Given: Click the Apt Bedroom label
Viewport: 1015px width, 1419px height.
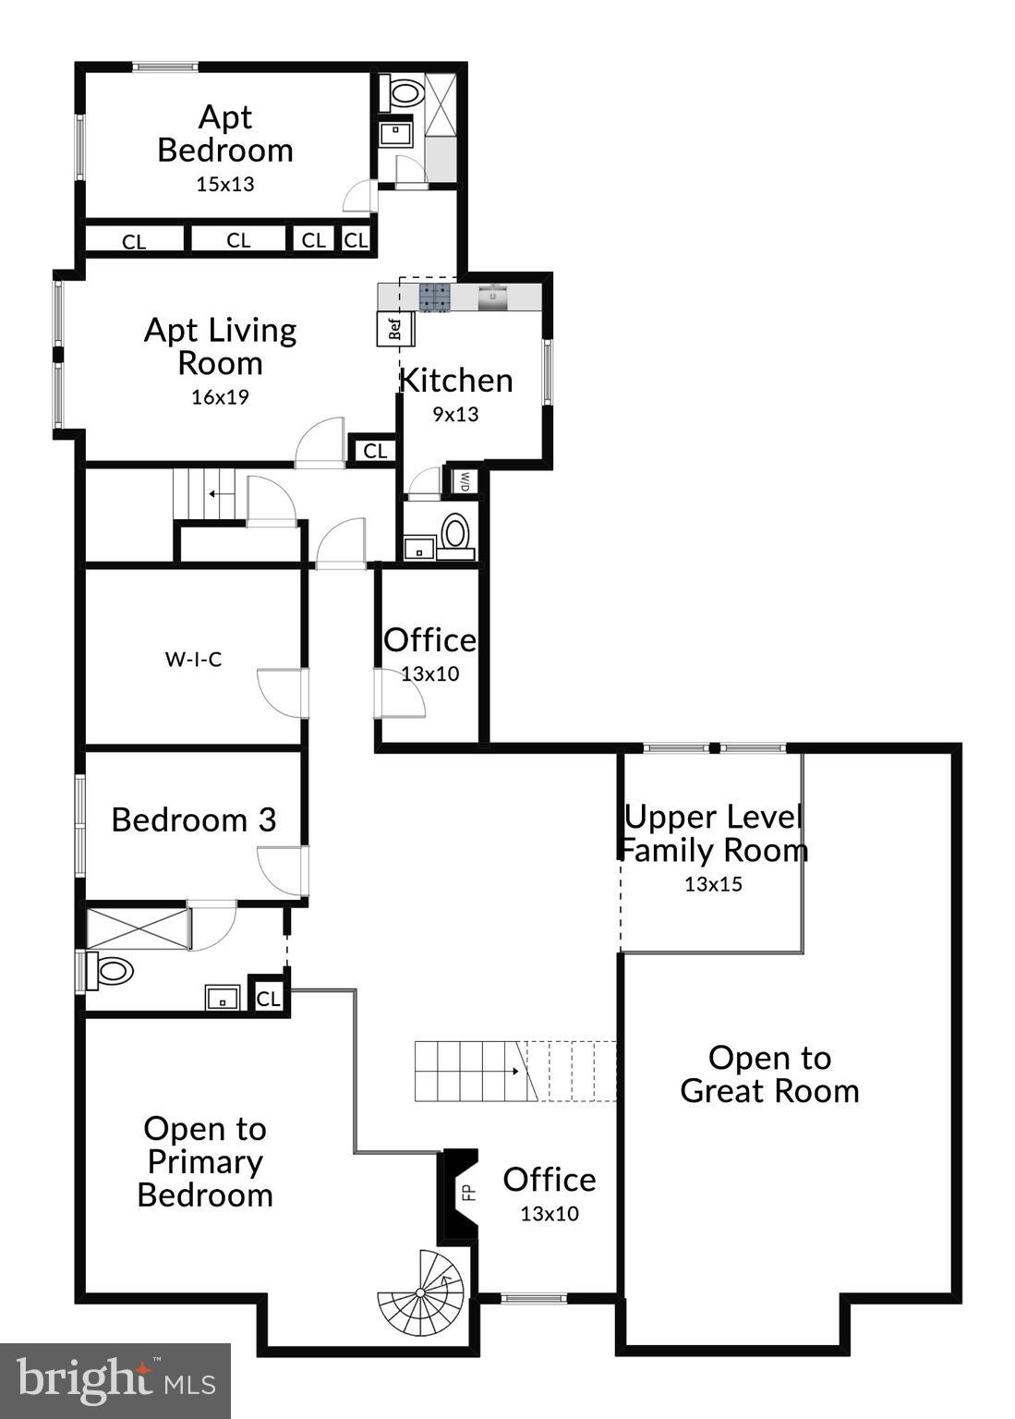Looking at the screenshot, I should tap(224, 134).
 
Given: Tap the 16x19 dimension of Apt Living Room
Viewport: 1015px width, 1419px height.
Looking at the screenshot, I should tap(220, 397).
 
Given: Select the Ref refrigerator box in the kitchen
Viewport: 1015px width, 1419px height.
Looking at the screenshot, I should tap(395, 329).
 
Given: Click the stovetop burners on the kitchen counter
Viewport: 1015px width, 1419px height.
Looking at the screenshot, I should tap(436, 297).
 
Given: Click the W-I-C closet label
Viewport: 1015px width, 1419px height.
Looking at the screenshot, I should tap(193, 660).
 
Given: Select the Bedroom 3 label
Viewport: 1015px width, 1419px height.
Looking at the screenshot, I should tap(193, 819).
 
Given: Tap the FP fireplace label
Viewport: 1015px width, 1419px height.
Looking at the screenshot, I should tap(467, 1192).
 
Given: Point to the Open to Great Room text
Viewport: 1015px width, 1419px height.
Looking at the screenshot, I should tap(769, 1074).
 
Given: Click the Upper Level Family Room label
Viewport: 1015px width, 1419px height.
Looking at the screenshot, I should tap(712, 833).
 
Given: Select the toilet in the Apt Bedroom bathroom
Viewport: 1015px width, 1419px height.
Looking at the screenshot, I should tap(405, 92).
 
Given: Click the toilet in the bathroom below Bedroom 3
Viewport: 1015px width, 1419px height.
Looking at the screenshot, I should tap(114, 971).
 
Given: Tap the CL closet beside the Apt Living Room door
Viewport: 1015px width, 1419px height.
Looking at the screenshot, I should tap(375, 451).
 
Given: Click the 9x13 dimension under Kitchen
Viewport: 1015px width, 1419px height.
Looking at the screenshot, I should tap(455, 414).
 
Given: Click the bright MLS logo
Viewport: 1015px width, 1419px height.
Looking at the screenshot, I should tap(115, 1381).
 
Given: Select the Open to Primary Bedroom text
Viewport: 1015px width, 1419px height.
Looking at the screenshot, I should tap(204, 1161).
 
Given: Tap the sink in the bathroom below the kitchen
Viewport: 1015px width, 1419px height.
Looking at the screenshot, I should tap(420, 548).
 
